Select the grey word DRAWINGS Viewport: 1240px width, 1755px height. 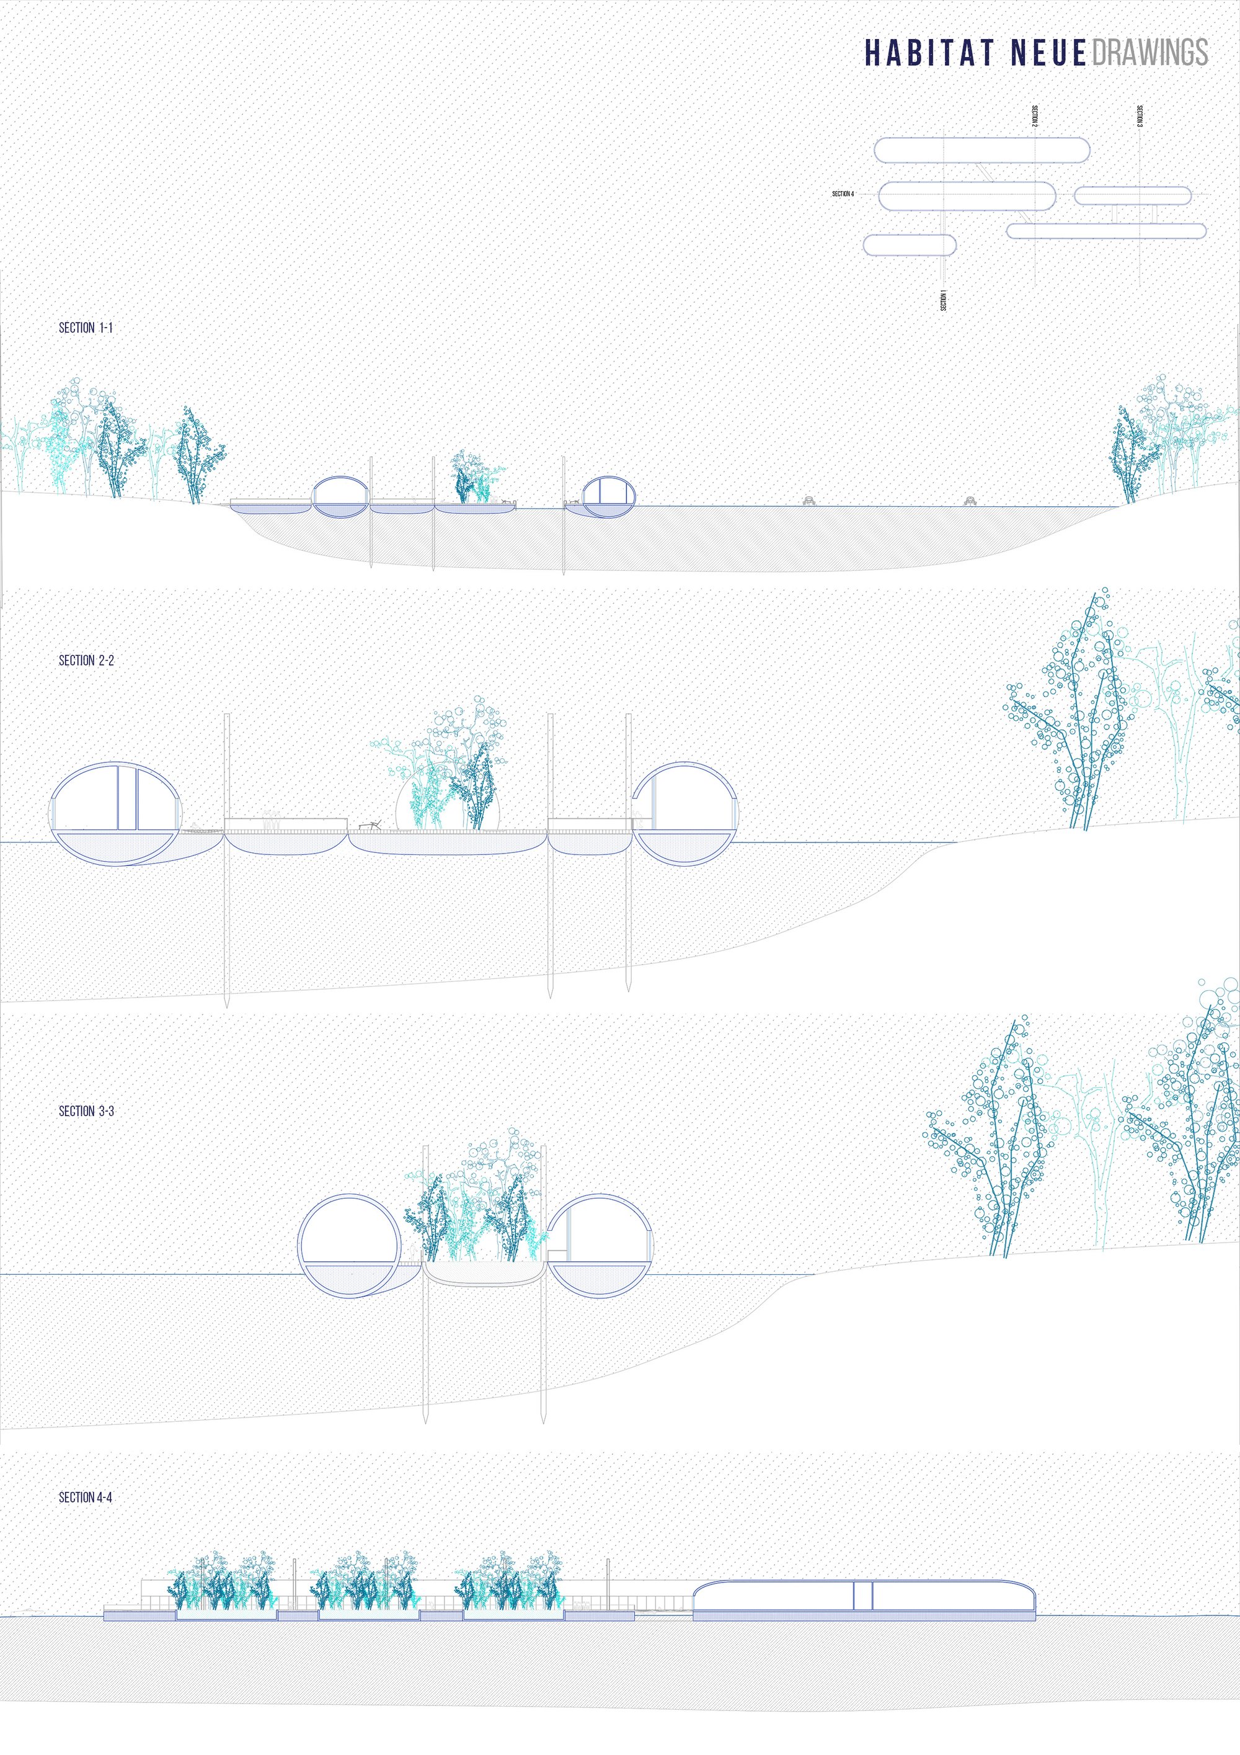[x=1150, y=53]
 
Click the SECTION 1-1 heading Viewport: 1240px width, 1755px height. [x=86, y=327]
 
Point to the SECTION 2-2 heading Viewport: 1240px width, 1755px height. [x=86, y=659]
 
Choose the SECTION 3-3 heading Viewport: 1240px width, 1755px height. [x=86, y=1110]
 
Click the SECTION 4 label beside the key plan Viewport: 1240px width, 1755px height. [x=843, y=194]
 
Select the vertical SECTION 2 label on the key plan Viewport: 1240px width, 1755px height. [x=1035, y=115]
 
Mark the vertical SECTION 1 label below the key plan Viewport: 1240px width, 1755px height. [x=943, y=300]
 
